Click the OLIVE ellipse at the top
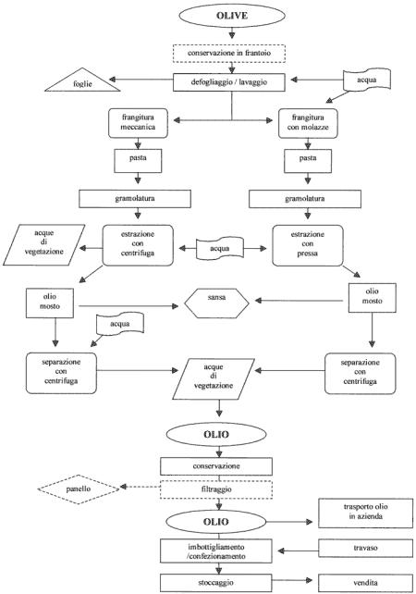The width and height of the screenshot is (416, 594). coord(232,16)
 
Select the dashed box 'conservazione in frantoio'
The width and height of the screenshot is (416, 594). coord(229,54)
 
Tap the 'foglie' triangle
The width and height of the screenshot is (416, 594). coord(82,80)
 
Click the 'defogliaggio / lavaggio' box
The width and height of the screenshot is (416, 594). coord(229,82)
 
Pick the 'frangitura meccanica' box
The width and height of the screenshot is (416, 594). coord(138,123)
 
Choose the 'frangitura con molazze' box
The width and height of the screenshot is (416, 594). coord(308,123)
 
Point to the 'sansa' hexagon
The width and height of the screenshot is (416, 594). coord(216,303)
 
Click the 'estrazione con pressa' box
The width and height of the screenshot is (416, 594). coord(308,245)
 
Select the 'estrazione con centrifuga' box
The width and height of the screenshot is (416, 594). coord(138,245)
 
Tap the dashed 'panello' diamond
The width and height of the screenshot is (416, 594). coord(79,489)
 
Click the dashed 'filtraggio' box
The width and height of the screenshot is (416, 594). coord(216,489)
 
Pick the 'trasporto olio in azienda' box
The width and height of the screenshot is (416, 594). coord(365,514)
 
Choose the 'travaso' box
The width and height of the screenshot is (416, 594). coord(365,548)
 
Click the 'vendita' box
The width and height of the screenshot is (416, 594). coord(365,583)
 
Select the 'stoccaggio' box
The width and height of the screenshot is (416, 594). coord(215,583)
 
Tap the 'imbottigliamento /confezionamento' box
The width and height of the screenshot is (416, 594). coord(215,551)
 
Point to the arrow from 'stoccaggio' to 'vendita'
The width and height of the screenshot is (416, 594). coord(292,580)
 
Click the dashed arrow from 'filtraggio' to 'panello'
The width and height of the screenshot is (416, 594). coord(140,487)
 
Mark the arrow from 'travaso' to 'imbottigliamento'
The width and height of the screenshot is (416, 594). coord(298,551)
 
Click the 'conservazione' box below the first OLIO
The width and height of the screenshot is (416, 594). coord(216,466)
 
